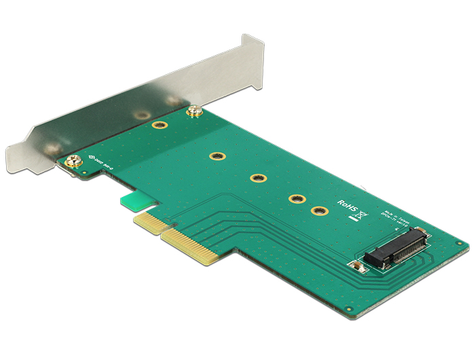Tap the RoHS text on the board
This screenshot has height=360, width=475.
(347, 204)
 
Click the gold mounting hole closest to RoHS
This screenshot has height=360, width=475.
(316, 211)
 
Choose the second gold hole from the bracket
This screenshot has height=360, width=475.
(216, 157)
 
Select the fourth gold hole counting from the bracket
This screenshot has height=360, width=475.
(295, 200)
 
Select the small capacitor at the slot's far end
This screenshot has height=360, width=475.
(420, 230)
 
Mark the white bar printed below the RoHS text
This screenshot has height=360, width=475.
(353, 217)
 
